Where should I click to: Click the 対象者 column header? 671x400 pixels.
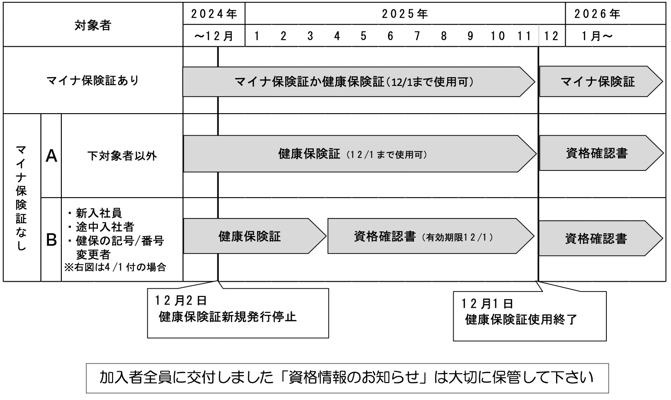coord(93,25)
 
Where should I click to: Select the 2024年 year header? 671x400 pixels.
coord(214,14)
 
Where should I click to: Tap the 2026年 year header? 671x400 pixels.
coord(597,14)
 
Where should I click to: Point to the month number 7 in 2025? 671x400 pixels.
coord(417,36)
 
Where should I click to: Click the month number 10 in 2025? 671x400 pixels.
coord(497,36)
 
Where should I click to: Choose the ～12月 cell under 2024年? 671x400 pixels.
coord(214,36)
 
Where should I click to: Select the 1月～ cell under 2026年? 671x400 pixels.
coord(597,36)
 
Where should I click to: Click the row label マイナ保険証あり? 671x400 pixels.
coord(93,80)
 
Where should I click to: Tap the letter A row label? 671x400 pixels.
coord(51,156)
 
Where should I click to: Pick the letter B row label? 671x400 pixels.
coord(51,240)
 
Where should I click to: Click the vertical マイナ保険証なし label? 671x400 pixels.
coord(21,198)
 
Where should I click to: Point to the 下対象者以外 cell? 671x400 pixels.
coord(122,156)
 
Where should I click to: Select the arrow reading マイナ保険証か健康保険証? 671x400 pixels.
coord(359,82)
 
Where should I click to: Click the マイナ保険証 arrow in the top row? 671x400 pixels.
coord(601,81)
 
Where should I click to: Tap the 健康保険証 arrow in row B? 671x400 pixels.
coord(255,236)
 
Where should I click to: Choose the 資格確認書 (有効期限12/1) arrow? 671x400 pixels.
coord(431,236)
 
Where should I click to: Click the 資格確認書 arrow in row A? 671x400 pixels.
coord(601,153)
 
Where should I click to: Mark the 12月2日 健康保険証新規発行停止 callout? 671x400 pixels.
coord(238,313)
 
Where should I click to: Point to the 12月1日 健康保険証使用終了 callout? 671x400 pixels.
coord(530,316)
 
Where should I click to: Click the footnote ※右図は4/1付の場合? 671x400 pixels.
coord(115,267)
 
